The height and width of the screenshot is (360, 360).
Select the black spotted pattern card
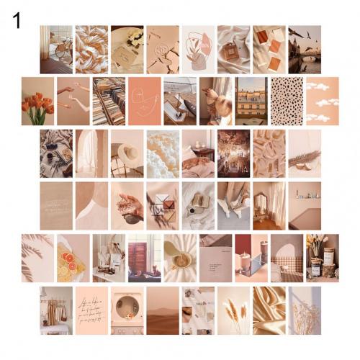pos(286,101)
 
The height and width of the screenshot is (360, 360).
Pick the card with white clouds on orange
pos(322,101)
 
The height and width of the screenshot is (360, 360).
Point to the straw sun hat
pos(129,155)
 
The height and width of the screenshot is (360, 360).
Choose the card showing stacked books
pos(108,101)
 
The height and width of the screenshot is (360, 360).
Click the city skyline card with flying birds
pos(305,49)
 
